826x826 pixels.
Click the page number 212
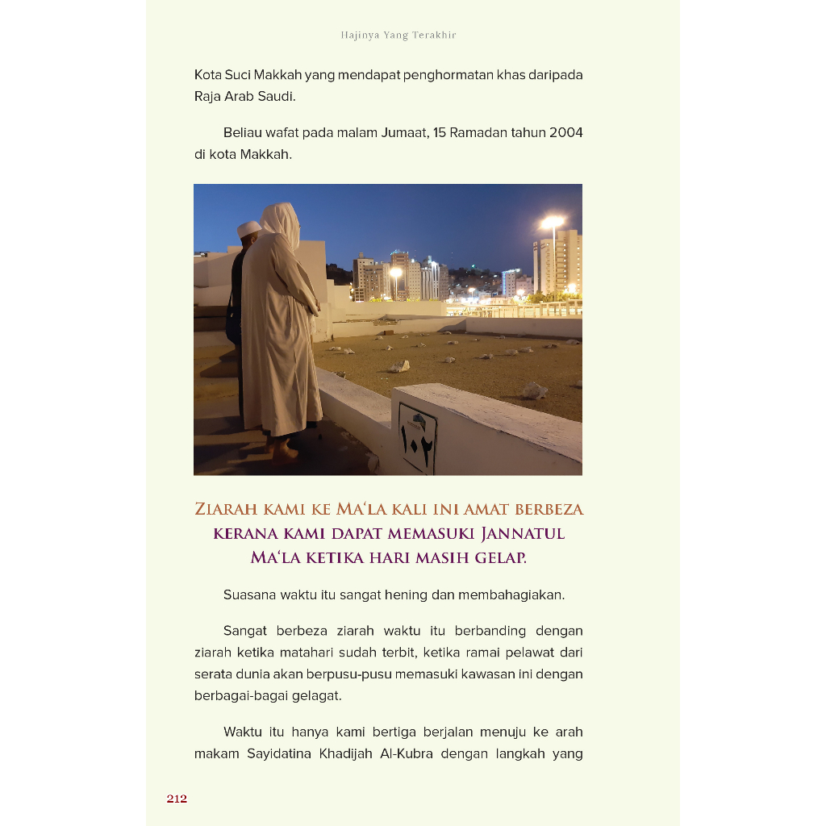[177, 799]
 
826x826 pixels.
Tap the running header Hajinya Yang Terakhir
[398, 35]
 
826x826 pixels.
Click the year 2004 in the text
[566, 132]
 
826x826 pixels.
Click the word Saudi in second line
[277, 96]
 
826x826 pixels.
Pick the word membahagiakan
[511, 595]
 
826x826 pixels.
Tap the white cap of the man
[248, 228]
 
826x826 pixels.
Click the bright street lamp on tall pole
[553, 220]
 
